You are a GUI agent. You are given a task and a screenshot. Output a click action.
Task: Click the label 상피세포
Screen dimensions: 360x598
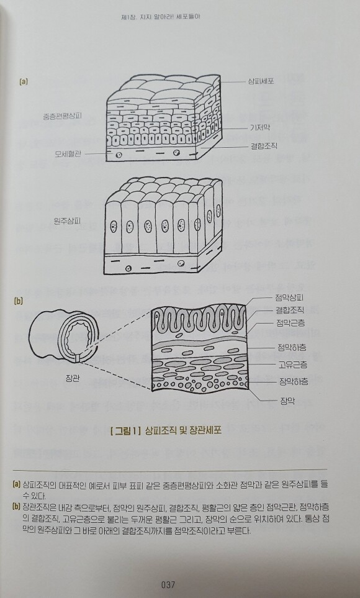coord(261,81)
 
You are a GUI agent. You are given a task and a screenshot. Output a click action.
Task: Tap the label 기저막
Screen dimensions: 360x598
coord(259,127)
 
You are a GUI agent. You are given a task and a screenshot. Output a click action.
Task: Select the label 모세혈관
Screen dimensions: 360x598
coord(68,154)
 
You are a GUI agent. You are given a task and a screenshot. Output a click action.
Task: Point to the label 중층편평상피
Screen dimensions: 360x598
coord(63,116)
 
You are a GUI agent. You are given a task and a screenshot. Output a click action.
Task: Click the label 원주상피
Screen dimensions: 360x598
coord(68,221)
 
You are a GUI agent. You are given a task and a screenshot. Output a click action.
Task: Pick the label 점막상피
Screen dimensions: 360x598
coord(289,297)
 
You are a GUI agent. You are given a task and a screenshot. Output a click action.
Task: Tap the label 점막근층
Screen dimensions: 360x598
coord(290,323)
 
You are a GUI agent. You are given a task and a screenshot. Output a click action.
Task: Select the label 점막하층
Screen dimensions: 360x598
coord(292,347)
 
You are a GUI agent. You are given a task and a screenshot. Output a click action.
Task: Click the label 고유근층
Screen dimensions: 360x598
coord(293,365)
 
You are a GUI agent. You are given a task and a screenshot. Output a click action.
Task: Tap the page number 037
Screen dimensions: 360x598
coord(168,584)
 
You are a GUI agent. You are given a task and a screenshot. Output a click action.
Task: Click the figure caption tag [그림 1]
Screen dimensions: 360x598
coord(125,432)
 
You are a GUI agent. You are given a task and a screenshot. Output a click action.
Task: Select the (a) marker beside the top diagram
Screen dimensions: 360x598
coord(24,81)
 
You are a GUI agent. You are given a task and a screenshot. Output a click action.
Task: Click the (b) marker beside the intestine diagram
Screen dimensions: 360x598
coord(18,301)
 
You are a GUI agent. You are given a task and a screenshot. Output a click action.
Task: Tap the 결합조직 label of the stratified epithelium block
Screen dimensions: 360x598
coord(264,146)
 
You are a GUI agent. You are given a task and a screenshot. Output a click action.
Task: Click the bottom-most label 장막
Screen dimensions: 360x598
coord(287,401)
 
